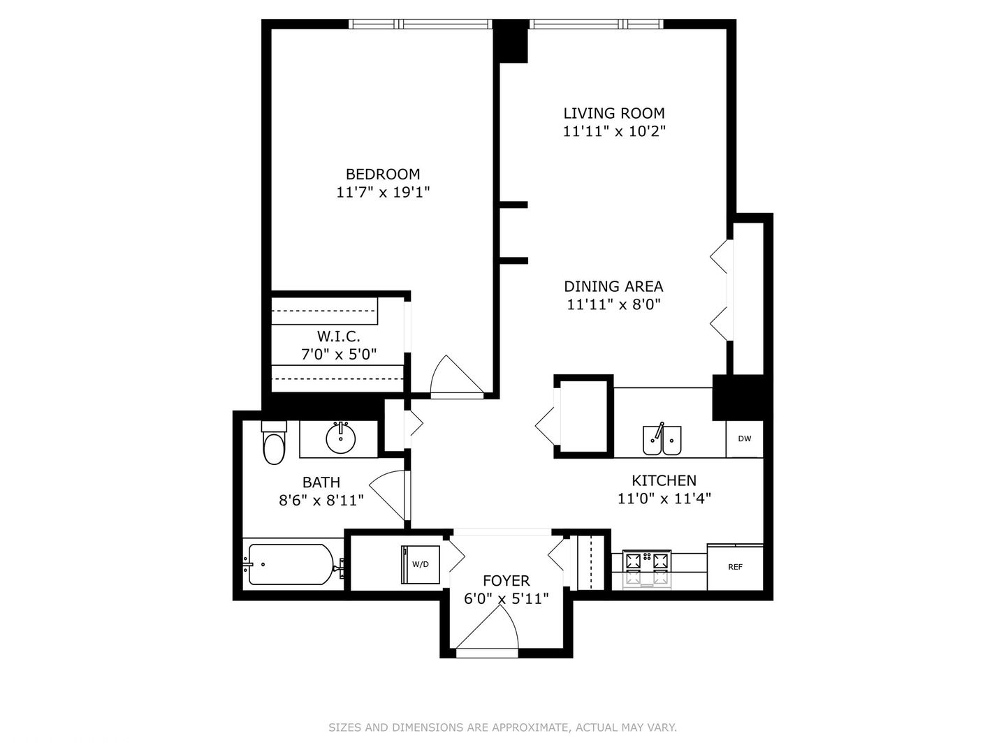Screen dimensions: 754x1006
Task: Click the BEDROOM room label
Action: tap(383, 174)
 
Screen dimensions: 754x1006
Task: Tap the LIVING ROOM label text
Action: tap(613, 113)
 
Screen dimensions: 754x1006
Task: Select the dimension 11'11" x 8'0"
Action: tap(613, 304)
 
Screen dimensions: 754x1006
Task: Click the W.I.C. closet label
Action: tap(338, 337)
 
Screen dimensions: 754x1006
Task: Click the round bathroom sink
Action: tap(341, 438)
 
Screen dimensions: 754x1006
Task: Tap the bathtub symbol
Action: tap(291, 564)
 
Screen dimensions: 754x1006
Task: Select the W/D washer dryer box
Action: tap(420, 564)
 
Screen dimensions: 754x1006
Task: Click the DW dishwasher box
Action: tap(744, 438)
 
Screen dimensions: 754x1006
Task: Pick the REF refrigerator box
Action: tap(735, 567)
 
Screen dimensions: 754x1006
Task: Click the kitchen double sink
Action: tap(662, 440)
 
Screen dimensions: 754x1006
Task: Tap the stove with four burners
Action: tap(646, 569)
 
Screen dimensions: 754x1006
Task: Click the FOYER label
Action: tap(506, 581)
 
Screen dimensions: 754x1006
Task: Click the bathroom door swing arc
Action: tap(388, 492)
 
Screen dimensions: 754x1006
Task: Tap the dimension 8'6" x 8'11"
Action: tap(321, 500)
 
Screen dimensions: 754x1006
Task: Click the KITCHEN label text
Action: tap(664, 480)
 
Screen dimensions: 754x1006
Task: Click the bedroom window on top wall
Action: tap(420, 24)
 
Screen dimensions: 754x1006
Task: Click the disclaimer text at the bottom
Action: tap(502, 727)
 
